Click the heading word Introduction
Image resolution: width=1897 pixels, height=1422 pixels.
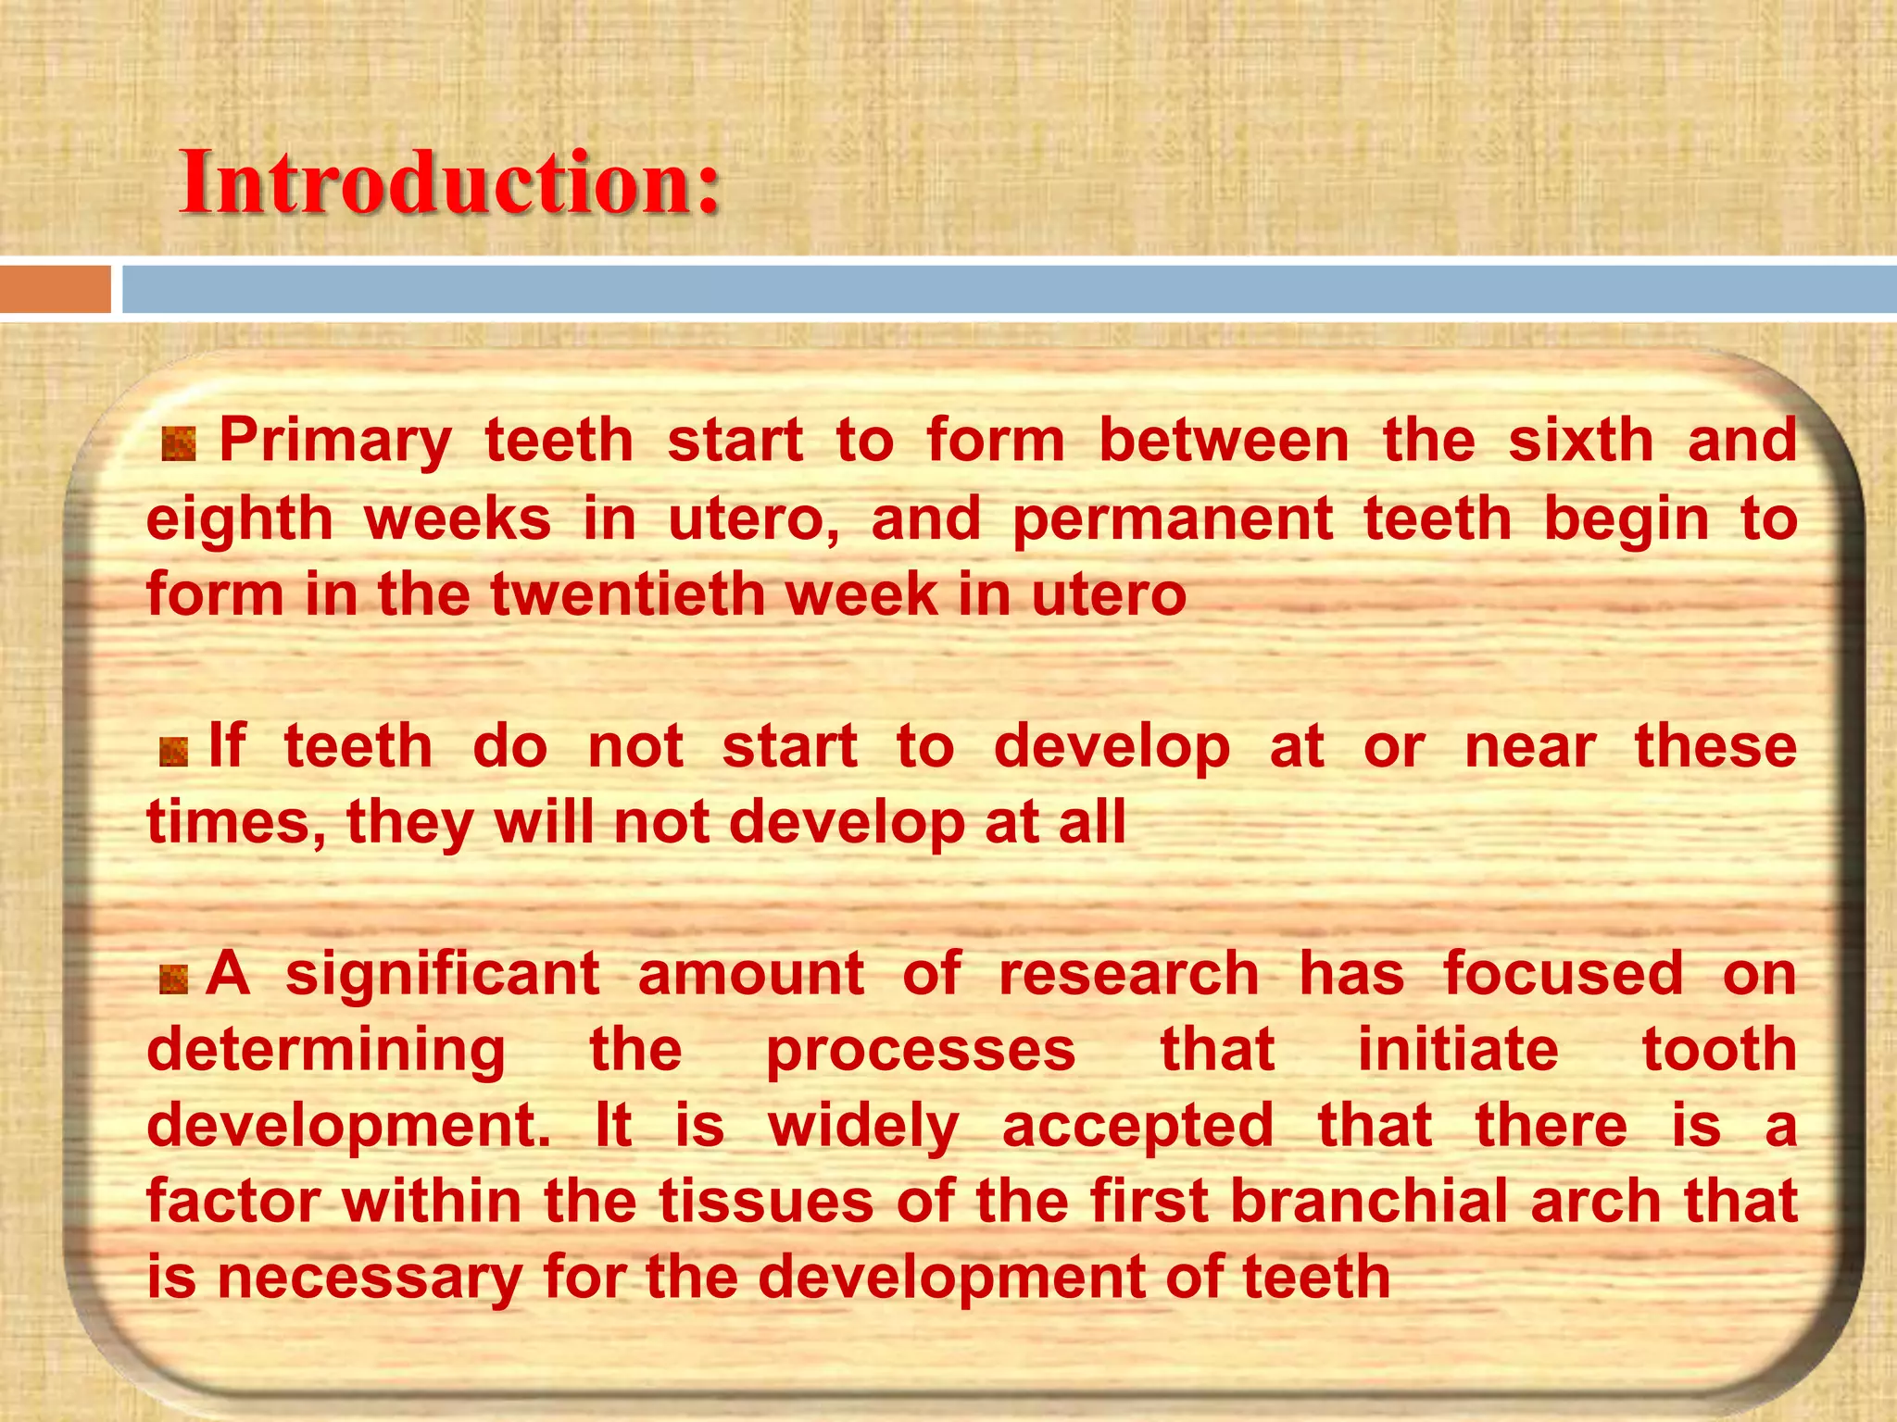449,183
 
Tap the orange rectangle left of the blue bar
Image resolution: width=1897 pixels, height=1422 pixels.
55,289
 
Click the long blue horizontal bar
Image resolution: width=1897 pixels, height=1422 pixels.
1008,289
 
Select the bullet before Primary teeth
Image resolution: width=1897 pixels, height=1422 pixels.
178,444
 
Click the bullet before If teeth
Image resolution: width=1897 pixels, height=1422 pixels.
173,752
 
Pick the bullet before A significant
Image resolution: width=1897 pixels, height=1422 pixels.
173,979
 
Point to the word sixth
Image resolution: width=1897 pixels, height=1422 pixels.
1580,441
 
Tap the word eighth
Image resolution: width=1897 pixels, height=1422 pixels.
239,520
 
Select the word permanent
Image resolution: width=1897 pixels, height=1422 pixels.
1172,520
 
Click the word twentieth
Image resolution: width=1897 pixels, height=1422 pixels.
622,594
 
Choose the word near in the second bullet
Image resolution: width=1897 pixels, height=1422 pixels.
1530,748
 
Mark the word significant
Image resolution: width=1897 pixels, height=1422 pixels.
443,975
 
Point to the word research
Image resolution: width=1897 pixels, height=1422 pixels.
1128,975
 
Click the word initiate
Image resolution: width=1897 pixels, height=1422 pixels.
1458,1050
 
